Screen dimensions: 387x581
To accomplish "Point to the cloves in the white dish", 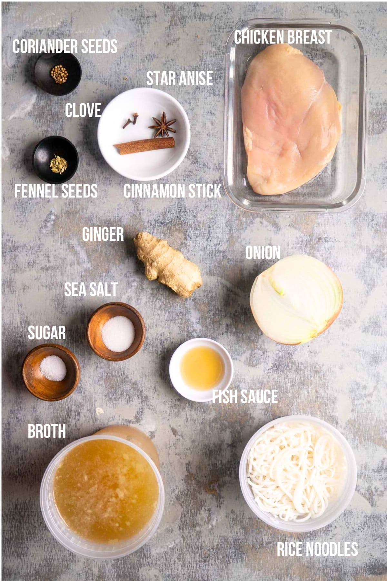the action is click(130, 121).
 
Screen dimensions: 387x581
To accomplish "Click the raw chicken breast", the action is click(290, 119).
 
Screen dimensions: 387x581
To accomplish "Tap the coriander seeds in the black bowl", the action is click(59, 74).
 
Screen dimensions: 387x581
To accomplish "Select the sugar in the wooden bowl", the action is click(53, 368).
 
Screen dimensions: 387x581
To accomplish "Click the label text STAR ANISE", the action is click(180, 78).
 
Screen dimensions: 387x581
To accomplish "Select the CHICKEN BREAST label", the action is click(283, 37).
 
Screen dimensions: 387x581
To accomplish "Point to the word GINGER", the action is click(103, 234).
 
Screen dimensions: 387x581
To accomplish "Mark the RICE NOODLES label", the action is click(317, 549).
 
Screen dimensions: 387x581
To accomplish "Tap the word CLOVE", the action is click(83, 110).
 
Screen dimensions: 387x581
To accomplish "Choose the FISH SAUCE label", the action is click(245, 397).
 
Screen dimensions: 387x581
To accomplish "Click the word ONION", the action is click(263, 253).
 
